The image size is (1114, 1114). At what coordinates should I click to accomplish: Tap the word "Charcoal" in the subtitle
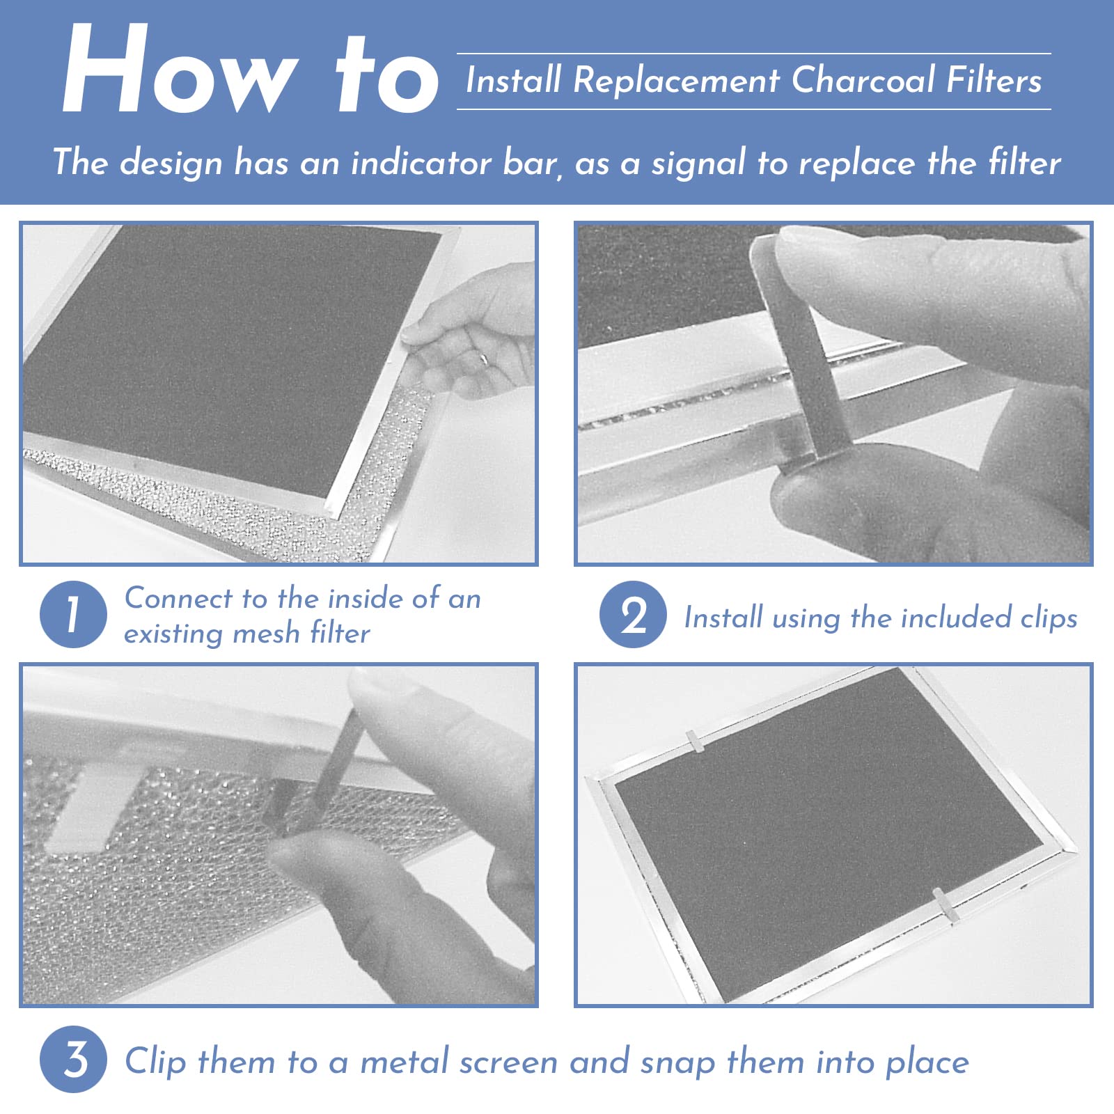[x=863, y=79]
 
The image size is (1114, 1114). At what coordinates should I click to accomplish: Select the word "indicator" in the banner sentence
[x=421, y=162]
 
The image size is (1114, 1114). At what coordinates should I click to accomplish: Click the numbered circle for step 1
[x=73, y=614]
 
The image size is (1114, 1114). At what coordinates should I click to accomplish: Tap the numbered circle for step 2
[x=633, y=614]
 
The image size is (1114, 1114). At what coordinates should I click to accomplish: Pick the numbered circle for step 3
[x=73, y=1059]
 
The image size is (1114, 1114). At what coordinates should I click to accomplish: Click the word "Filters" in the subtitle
[x=994, y=79]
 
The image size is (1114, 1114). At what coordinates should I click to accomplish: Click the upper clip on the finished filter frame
[x=694, y=742]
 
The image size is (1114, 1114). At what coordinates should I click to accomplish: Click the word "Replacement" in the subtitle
[x=676, y=81]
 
